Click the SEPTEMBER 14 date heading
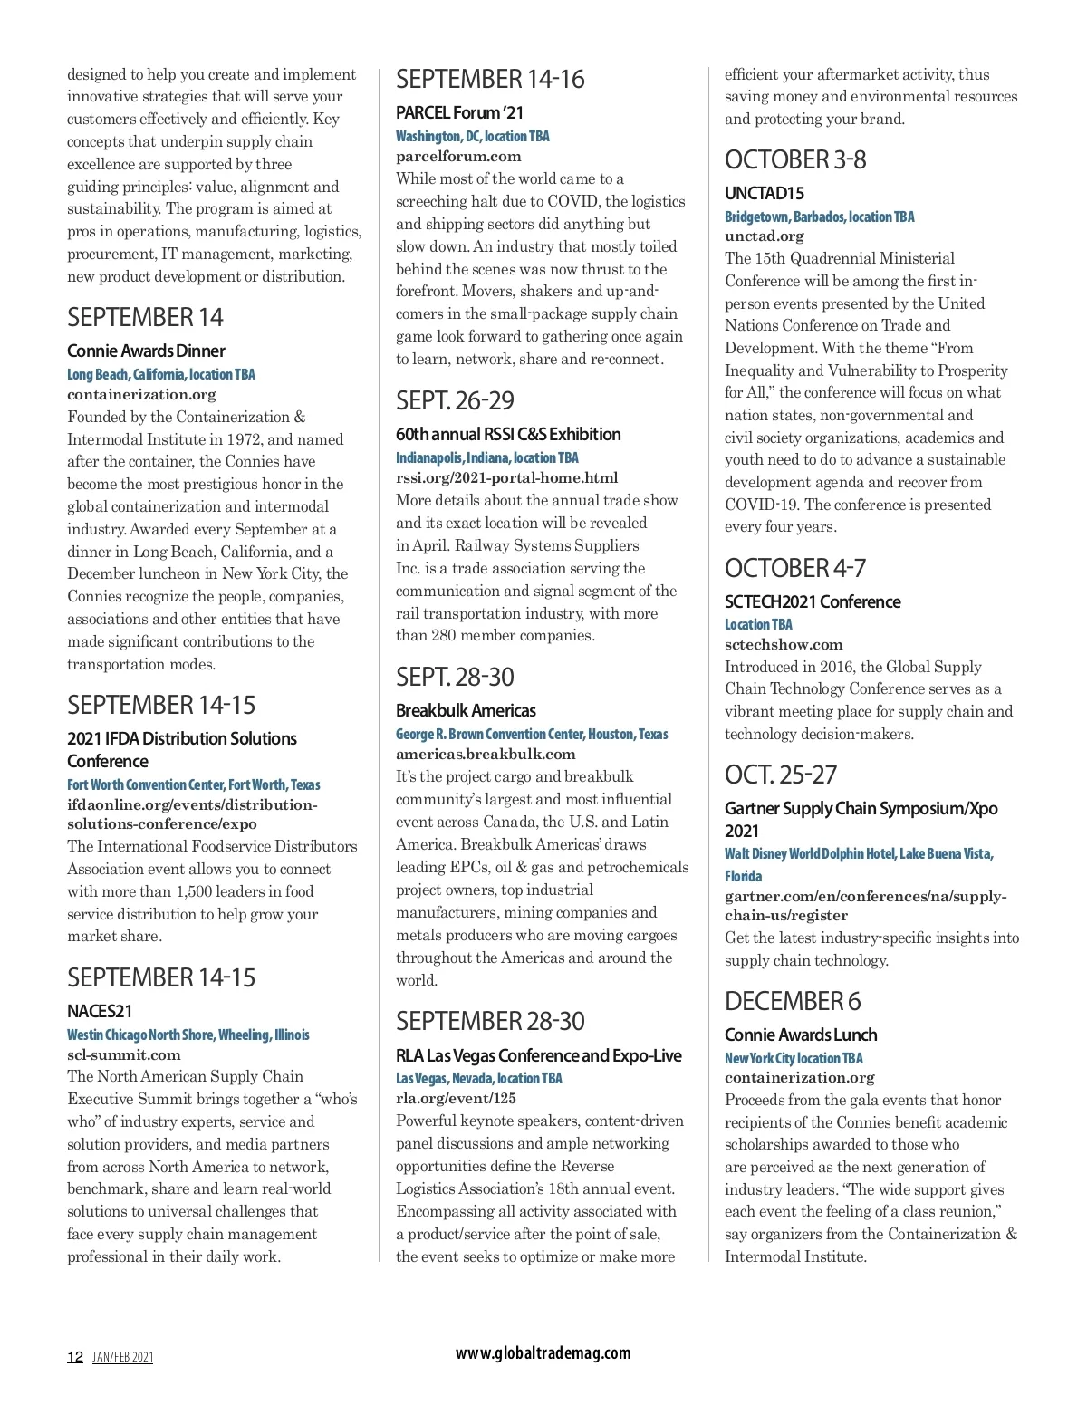145,318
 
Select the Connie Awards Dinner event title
146,351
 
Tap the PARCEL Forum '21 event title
459,113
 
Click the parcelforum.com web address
458,157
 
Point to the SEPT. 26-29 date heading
455,401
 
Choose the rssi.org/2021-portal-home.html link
506,478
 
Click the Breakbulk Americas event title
466,711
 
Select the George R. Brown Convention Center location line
532,734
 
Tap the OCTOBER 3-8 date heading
795,160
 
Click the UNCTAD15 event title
764,194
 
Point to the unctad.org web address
764,236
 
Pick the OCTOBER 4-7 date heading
795,569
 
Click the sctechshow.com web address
784,645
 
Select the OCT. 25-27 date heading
781,775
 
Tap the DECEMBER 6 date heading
793,1002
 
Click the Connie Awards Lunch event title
801,1035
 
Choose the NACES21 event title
100,1012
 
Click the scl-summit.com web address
123,1055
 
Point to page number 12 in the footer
75,1357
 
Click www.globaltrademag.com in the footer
543,1353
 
